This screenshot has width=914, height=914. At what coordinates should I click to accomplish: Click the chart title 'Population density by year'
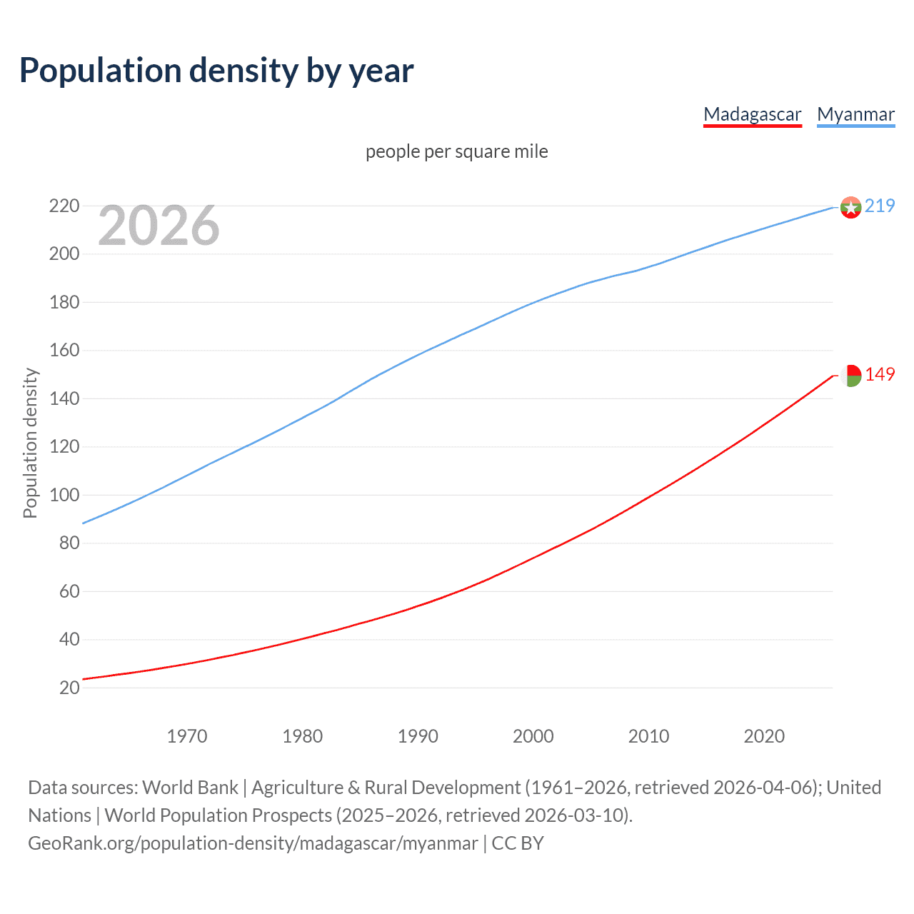216,71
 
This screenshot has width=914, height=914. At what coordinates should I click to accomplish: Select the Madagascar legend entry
752,115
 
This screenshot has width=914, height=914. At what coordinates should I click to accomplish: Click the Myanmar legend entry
855,115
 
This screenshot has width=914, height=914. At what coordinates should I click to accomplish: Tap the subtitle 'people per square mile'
456,152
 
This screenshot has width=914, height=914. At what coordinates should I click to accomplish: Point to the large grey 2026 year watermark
159,226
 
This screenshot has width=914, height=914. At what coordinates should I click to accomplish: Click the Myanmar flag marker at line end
850,207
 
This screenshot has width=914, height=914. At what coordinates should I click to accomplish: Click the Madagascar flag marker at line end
850,375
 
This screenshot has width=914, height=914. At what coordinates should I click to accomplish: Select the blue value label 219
880,206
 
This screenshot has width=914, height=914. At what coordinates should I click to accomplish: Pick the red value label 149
880,375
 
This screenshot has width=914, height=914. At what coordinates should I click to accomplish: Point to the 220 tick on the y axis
64,206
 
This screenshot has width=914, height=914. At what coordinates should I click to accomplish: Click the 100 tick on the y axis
64,495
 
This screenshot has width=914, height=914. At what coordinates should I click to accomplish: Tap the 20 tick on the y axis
69,688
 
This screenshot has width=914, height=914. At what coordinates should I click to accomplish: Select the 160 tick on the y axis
64,351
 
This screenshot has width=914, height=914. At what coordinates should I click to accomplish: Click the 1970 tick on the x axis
187,736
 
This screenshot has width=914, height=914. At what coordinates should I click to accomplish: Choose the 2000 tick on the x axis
533,736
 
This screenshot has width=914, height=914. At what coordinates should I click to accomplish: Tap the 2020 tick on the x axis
764,736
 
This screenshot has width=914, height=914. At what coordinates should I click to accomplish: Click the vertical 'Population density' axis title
30,443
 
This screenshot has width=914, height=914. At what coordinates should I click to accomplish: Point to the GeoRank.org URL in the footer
253,843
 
